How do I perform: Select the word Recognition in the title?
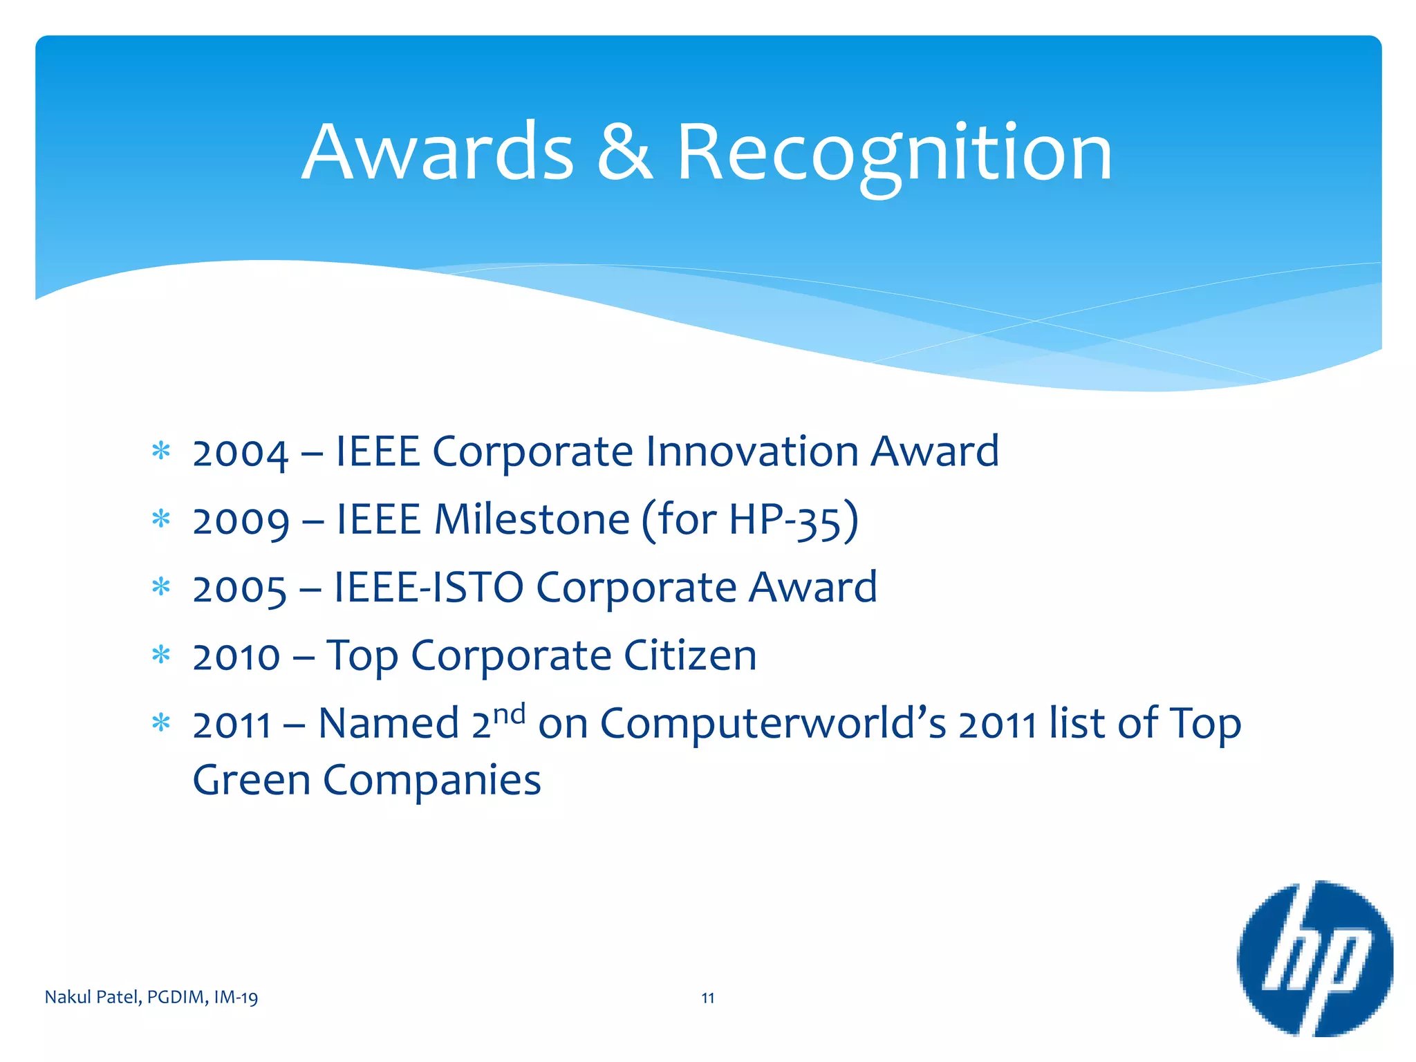point(893,153)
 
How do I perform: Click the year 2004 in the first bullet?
point(240,454)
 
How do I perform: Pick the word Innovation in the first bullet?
point(752,451)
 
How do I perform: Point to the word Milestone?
point(532,520)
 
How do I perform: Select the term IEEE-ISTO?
point(429,588)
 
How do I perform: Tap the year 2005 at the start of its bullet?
point(239,590)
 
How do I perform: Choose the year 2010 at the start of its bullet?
point(236,657)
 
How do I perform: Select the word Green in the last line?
point(252,781)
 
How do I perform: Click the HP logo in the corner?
point(1314,958)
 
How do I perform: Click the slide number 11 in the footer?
point(707,998)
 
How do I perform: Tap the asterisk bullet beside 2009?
point(160,519)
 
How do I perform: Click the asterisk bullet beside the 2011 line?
point(160,723)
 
